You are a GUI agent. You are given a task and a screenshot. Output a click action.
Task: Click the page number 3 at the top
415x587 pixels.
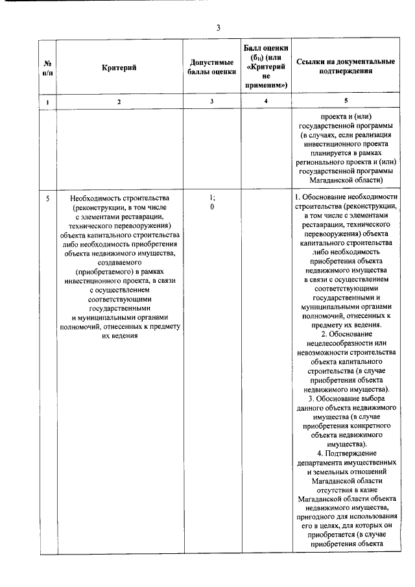click(219, 27)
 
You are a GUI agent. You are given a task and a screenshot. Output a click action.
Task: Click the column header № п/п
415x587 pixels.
click(47, 68)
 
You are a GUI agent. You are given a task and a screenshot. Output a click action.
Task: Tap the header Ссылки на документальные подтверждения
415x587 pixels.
click(345, 67)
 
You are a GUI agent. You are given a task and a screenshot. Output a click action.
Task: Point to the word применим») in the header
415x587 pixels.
click(266, 85)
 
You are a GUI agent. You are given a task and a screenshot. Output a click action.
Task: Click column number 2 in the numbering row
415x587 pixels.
click(119, 102)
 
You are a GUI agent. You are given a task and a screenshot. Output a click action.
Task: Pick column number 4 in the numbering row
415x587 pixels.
click(266, 102)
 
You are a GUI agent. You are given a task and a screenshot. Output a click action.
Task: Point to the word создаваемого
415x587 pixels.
click(119, 261)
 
